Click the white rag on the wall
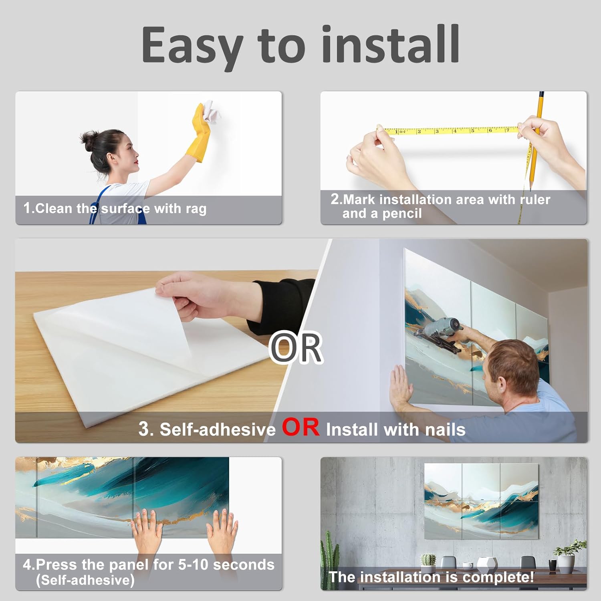pyautogui.click(x=211, y=111)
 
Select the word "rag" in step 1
pyautogui.click(x=196, y=209)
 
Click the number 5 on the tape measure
pyautogui.click(x=472, y=131)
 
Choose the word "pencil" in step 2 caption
pyautogui.click(x=402, y=214)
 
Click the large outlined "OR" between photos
pyautogui.click(x=296, y=347)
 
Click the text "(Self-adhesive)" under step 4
pyautogui.click(x=85, y=580)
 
